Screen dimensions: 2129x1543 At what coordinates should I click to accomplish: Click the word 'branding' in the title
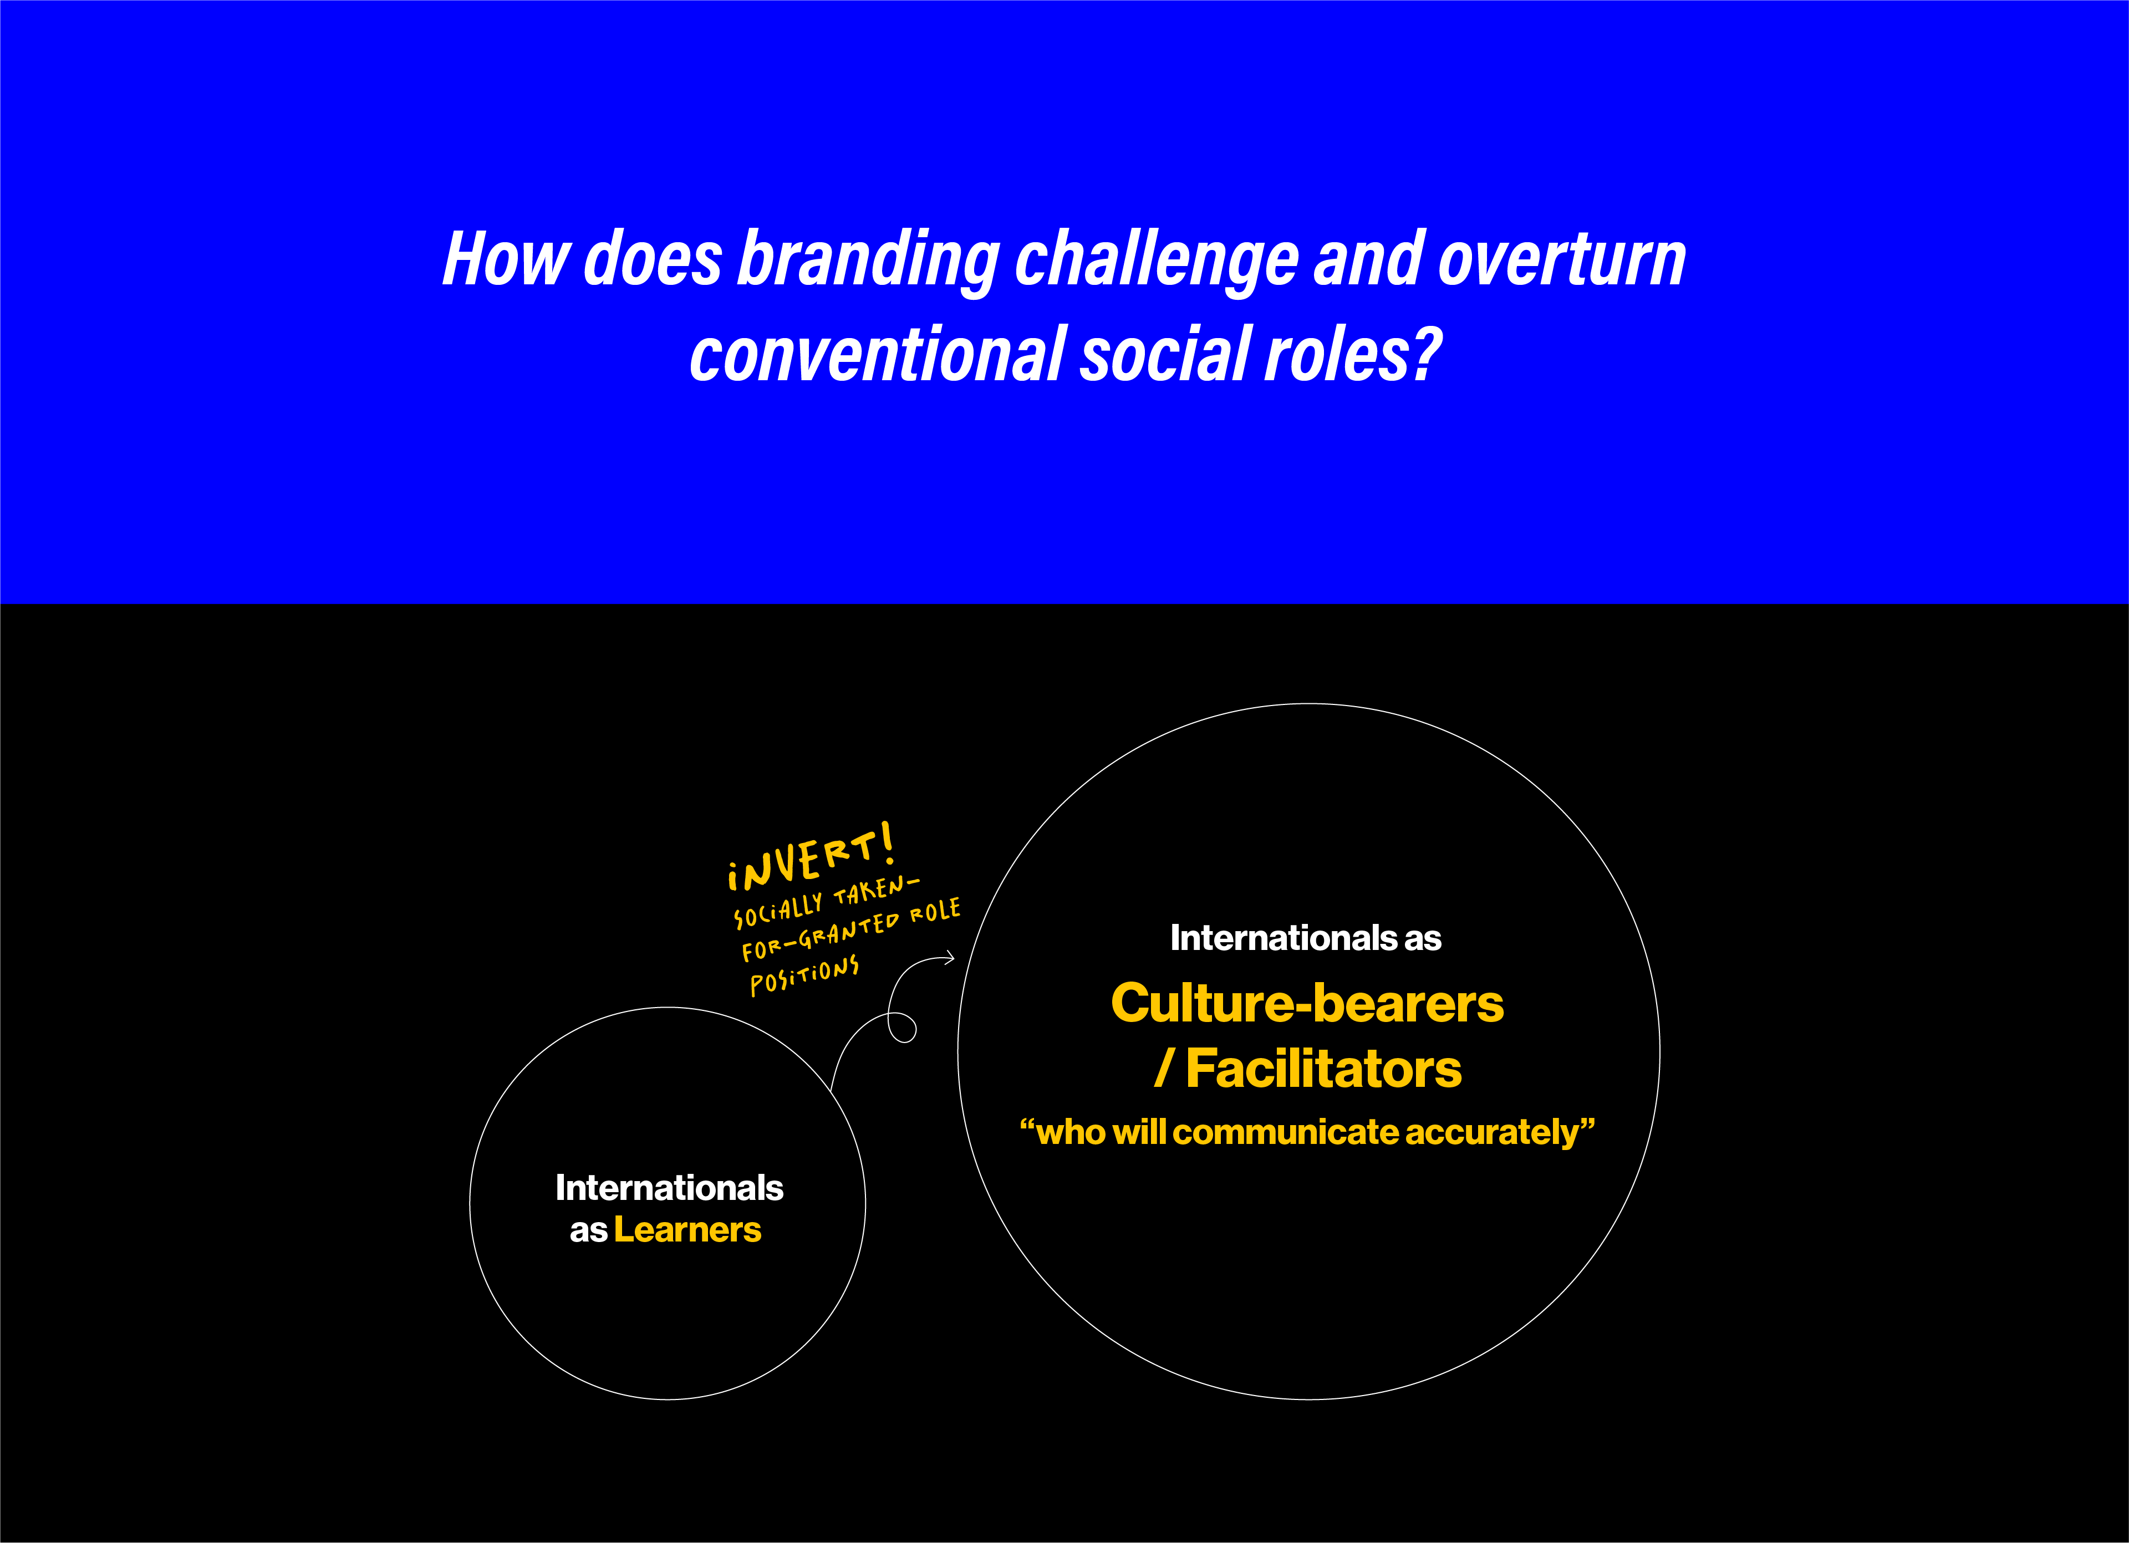(x=868, y=260)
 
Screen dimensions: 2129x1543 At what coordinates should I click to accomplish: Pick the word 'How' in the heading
(x=505, y=260)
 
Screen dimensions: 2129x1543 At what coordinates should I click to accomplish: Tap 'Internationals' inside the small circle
(x=669, y=1188)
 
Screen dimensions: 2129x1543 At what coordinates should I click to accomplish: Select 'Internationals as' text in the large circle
(x=1305, y=938)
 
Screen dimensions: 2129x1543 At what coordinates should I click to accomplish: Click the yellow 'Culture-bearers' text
(x=1307, y=1003)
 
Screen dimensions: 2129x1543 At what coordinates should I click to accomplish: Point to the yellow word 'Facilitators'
(x=1323, y=1069)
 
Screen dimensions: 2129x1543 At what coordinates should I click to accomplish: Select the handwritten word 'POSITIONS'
(x=804, y=976)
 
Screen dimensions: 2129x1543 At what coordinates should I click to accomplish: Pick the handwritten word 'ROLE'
(x=935, y=911)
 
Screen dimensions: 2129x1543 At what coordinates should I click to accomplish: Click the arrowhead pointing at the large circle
(x=949, y=957)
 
